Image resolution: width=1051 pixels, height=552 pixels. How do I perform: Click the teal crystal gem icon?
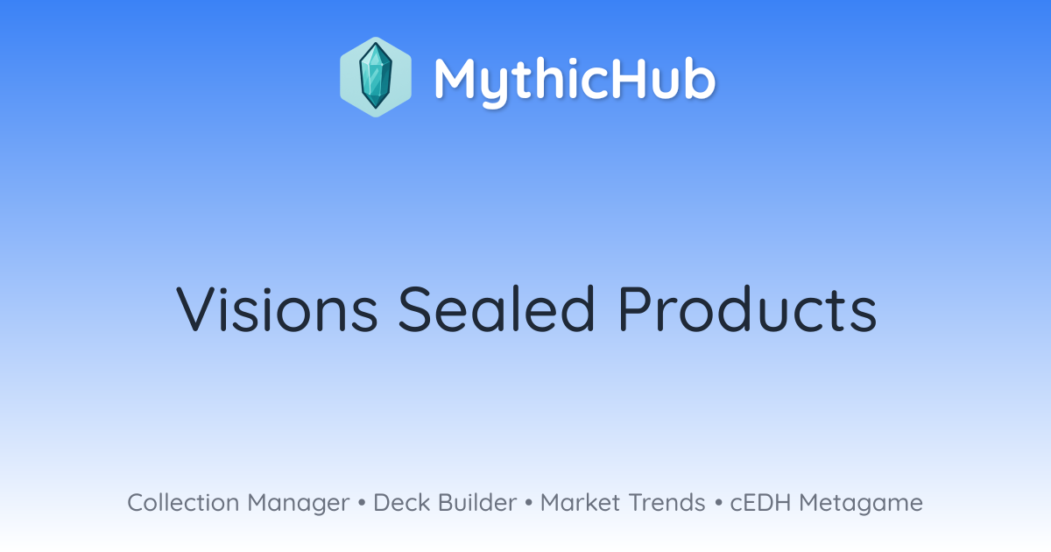376,77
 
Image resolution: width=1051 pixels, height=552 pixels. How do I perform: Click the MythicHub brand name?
575,81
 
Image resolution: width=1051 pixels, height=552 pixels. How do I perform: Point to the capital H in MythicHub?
622,78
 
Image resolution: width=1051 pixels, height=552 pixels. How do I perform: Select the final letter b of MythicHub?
700,78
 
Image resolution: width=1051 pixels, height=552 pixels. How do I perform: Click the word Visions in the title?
277,308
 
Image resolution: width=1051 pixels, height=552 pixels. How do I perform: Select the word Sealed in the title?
497,308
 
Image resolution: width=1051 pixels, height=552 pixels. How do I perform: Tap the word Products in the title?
748,308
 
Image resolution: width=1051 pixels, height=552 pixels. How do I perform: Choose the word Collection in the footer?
183,502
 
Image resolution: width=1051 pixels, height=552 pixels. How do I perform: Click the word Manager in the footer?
299,504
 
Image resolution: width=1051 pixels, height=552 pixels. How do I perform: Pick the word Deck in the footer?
402,502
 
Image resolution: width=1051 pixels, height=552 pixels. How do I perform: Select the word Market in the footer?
581,502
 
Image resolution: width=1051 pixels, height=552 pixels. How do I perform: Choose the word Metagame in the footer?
861,504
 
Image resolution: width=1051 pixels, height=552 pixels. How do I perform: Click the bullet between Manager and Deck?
362,503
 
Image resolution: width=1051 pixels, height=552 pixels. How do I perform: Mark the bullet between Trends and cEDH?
718,503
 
